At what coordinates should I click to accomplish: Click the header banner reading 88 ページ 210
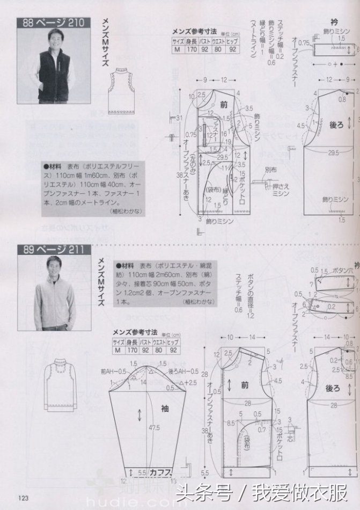[51, 23]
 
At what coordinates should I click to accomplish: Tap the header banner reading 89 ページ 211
[51, 249]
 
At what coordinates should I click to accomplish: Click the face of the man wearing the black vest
[54, 39]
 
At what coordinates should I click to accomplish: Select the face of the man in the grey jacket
[54, 266]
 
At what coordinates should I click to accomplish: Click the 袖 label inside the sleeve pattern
[165, 407]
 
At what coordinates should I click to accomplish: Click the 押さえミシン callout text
[283, 190]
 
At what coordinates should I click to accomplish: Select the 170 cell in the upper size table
[190, 49]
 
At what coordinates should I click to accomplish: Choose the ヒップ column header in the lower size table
[173, 341]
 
